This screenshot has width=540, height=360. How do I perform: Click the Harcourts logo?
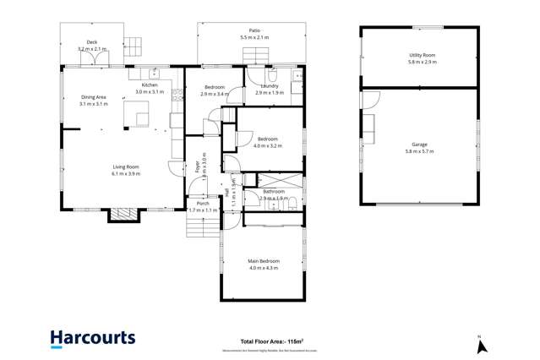point(92,338)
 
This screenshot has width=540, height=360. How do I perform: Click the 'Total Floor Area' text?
point(272,341)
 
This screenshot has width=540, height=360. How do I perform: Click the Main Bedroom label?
point(264,261)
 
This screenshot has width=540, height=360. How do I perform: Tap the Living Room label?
point(126,166)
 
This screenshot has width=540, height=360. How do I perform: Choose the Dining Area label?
point(94,97)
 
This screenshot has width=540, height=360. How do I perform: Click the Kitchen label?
point(150,85)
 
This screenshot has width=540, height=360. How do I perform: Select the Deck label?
point(92,42)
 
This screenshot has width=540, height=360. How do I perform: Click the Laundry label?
point(270,85)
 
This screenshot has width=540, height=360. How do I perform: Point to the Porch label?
point(203,203)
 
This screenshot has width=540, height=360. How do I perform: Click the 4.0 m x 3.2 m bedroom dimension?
point(268,145)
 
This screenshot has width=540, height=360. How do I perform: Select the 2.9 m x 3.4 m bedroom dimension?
point(214,94)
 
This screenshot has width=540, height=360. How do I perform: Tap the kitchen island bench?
point(137,113)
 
